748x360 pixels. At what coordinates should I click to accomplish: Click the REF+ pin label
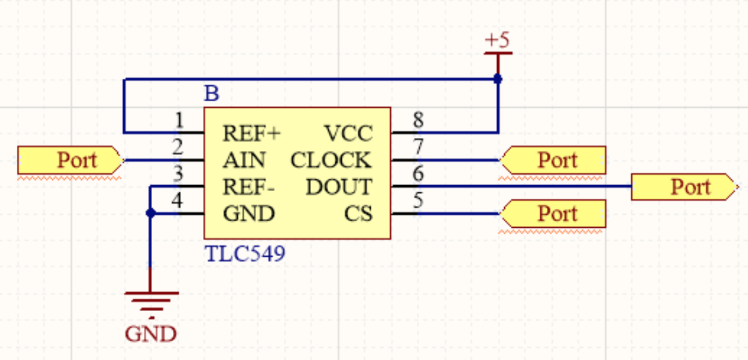pyautogui.click(x=251, y=134)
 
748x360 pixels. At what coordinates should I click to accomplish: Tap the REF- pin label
pyautogui.click(x=249, y=187)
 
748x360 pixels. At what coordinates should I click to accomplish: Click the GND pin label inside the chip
pyautogui.click(x=248, y=214)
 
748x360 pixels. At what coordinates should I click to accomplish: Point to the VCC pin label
pyautogui.click(x=348, y=134)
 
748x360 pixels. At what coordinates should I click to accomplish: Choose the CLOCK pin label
pyautogui.click(x=331, y=160)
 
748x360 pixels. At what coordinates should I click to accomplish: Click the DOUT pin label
pyautogui.click(x=339, y=187)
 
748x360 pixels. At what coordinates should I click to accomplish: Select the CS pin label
pyautogui.click(x=359, y=214)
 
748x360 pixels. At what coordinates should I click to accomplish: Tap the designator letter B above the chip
pyautogui.click(x=212, y=94)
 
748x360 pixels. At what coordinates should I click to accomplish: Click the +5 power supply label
pyautogui.click(x=497, y=40)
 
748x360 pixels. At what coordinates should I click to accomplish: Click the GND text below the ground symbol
pyautogui.click(x=151, y=334)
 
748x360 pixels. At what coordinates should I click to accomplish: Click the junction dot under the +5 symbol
pyautogui.click(x=497, y=79)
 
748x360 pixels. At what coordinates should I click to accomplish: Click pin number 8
pyautogui.click(x=418, y=120)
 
